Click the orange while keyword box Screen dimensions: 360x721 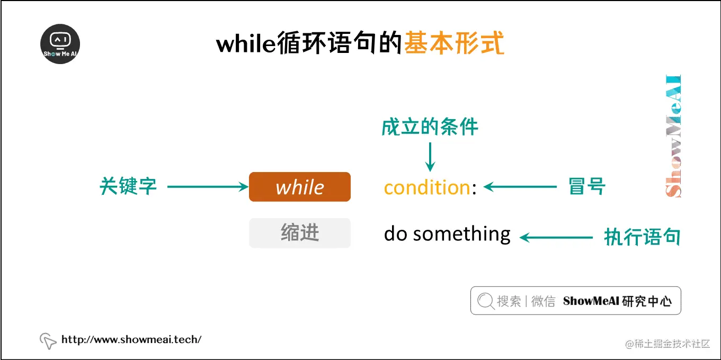[300, 187]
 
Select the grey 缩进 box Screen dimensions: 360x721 [300, 233]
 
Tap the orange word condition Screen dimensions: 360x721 [427, 187]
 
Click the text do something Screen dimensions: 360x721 [447, 234]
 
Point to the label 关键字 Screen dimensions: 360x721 [128, 186]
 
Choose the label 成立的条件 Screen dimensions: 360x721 [430, 128]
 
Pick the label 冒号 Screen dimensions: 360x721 [587, 186]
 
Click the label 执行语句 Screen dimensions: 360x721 [642, 237]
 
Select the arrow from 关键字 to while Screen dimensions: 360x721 [208, 186]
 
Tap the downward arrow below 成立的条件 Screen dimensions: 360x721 [430, 156]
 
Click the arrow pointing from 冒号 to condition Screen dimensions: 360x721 [520, 186]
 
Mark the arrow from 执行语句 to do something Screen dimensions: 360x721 [556, 238]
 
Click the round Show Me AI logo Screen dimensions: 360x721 [60, 44]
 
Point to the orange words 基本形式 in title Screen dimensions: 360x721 [454, 43]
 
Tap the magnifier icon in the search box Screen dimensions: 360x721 [485, 301]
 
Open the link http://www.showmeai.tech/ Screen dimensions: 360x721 [131, 339]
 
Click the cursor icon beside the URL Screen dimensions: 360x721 [48, 341]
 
